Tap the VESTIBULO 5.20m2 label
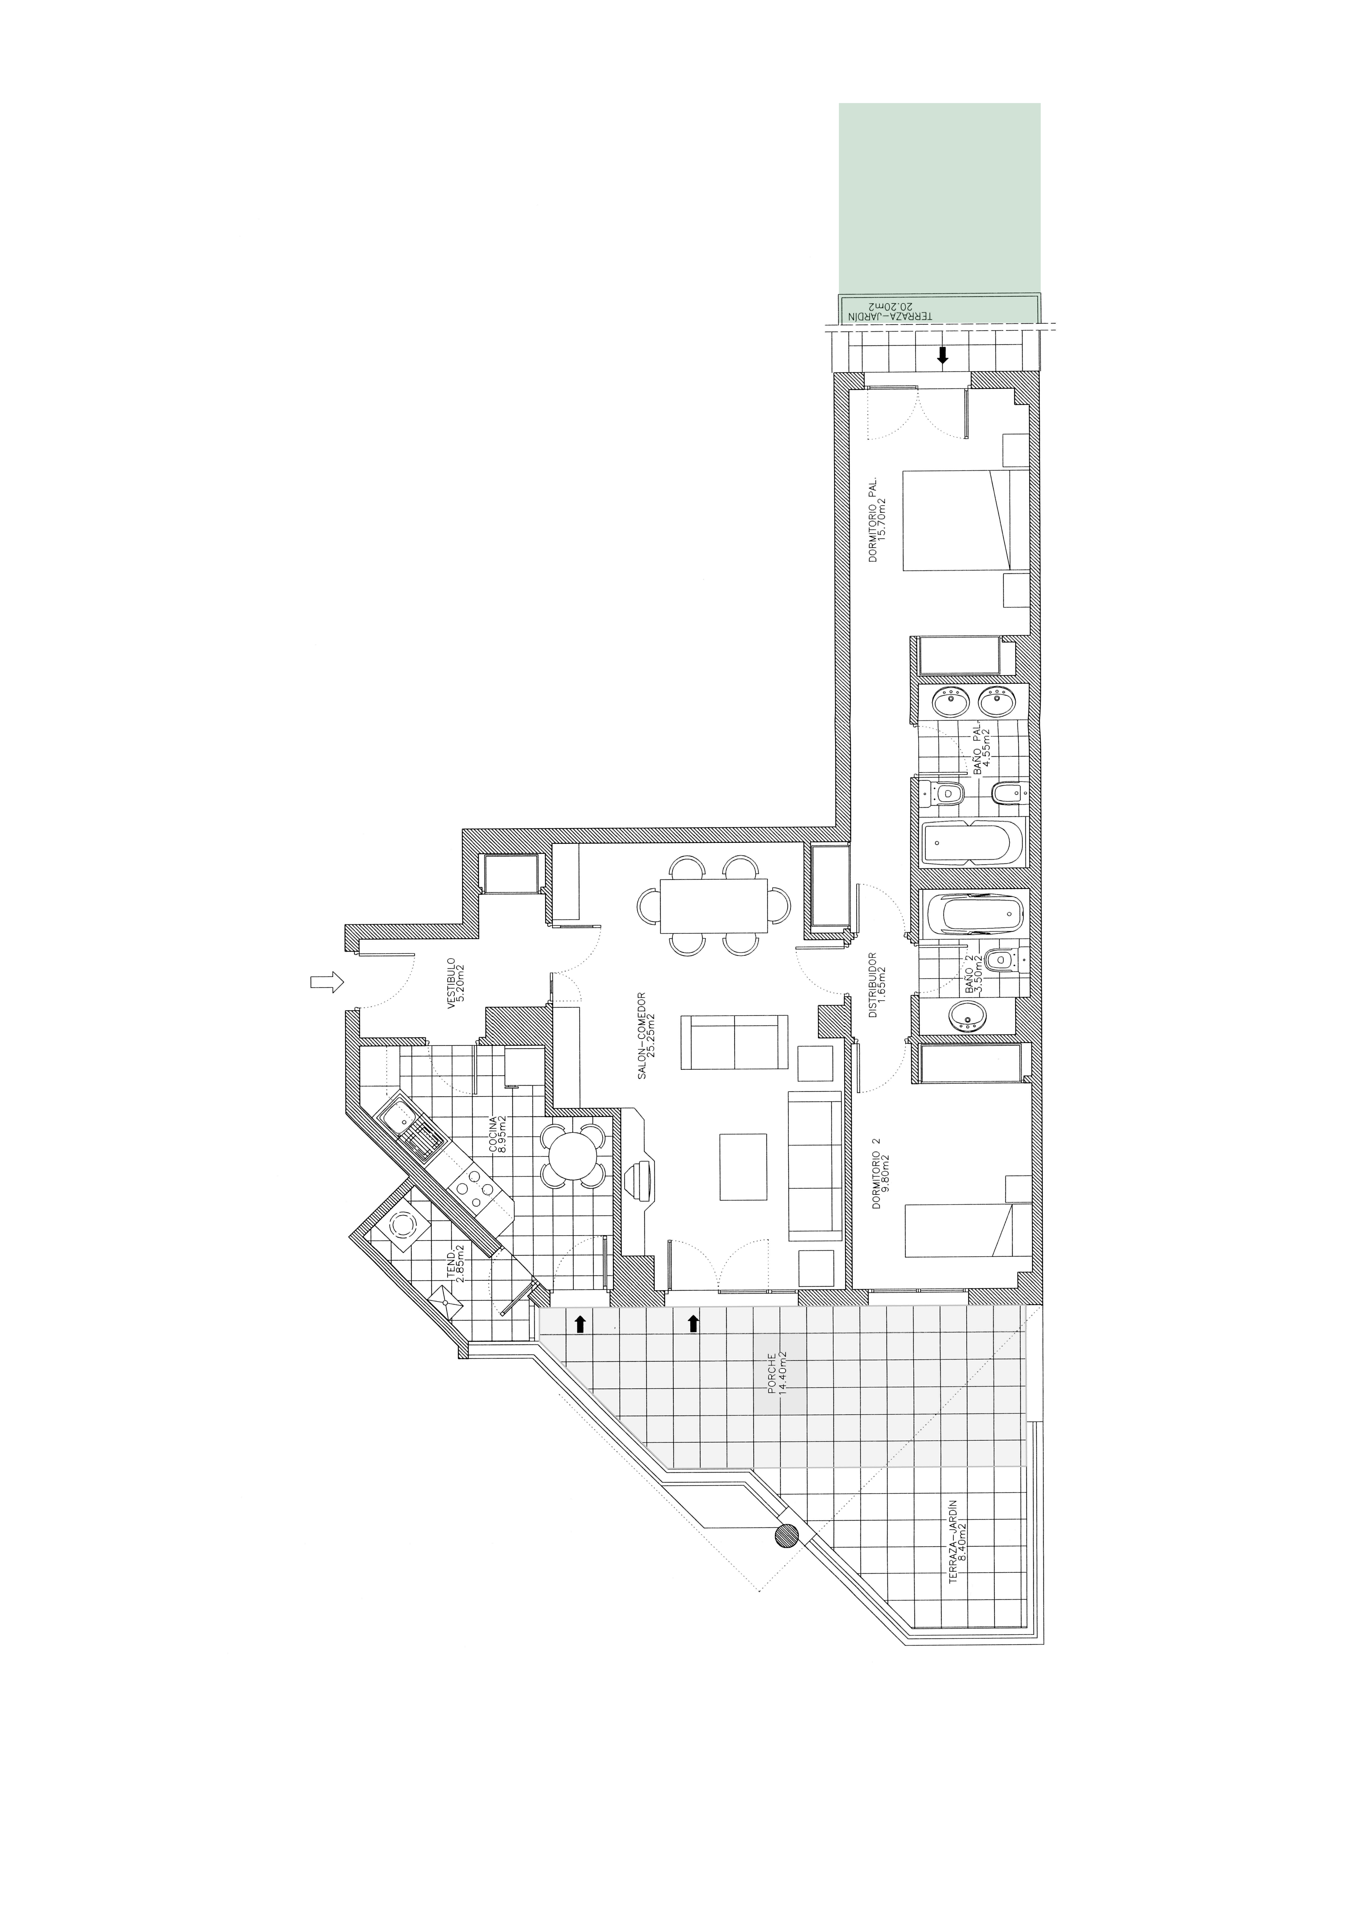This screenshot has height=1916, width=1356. pos(455,984)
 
